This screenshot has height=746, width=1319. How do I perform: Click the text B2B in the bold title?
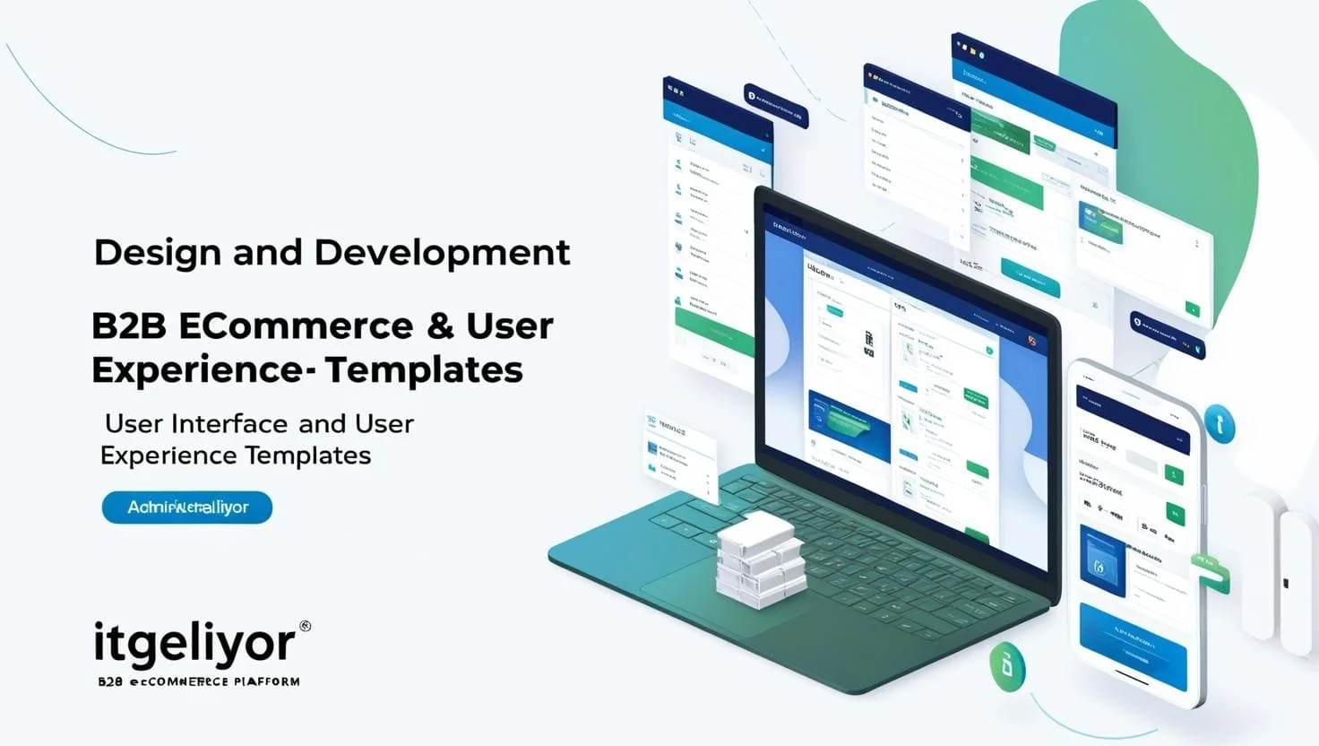128,326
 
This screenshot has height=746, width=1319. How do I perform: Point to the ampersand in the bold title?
440,326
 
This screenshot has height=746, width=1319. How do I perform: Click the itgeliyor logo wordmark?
194,644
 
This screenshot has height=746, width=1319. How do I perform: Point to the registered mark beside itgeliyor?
305,627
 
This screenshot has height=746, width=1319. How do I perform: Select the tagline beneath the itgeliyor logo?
199,681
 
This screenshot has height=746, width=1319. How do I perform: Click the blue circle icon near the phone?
1220,424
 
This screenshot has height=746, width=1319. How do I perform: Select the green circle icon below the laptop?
1007,666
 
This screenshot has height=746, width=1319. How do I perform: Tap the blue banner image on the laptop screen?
848,424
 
